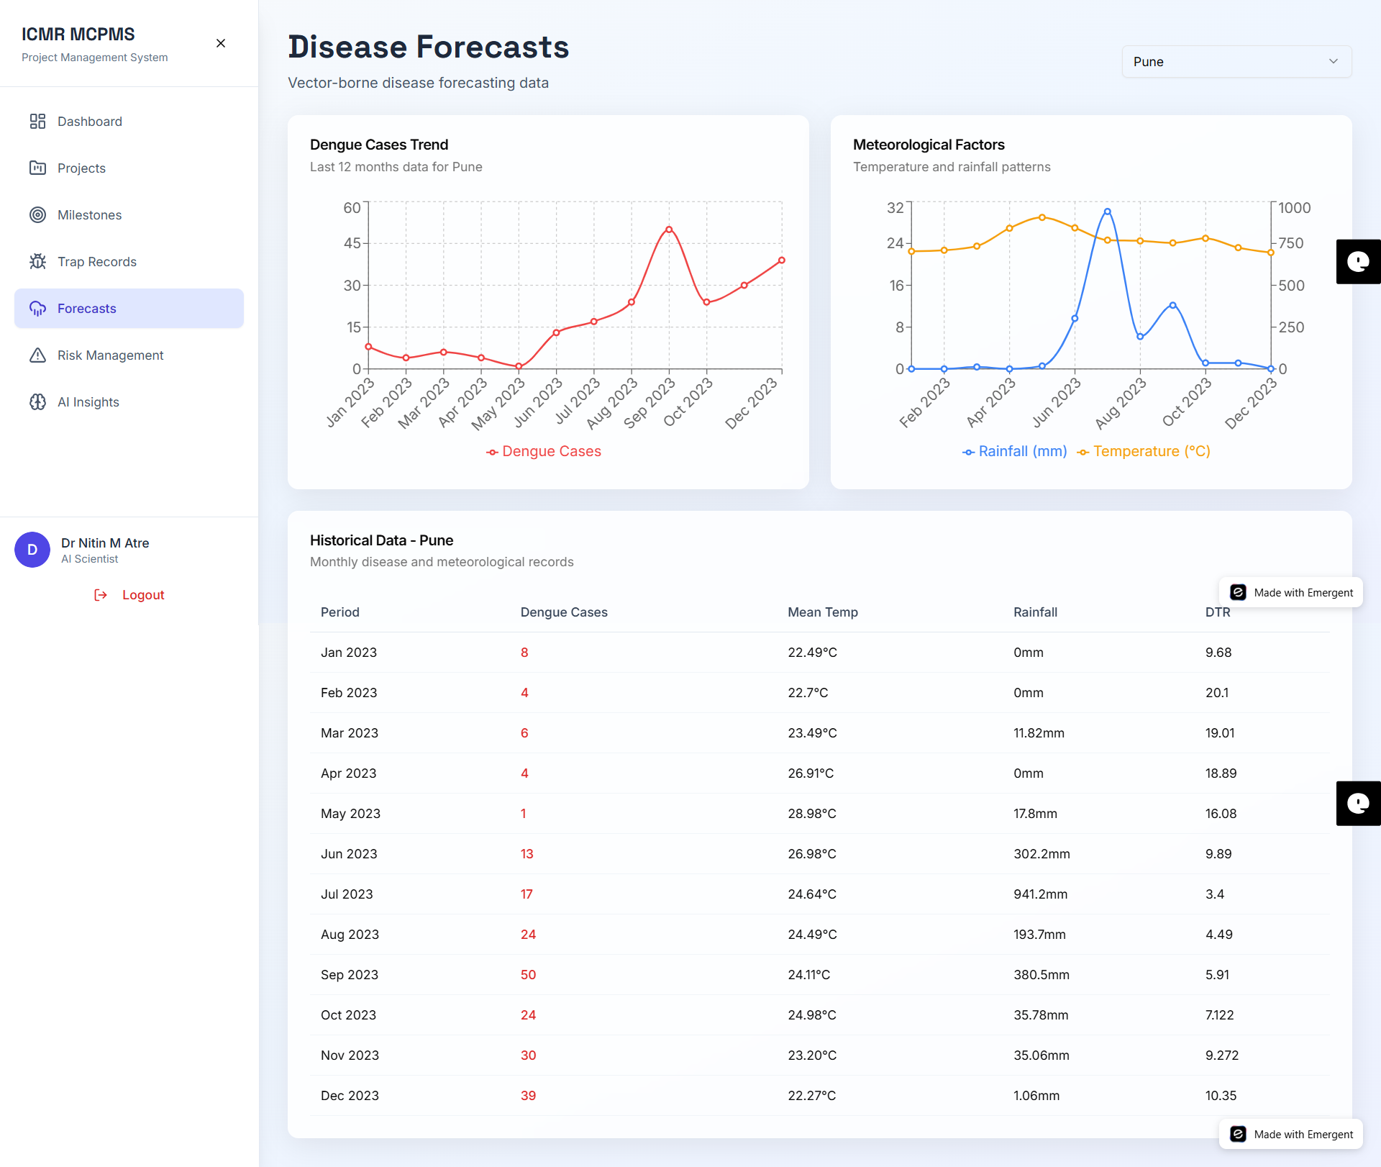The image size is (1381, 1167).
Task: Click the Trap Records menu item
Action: point(96,262)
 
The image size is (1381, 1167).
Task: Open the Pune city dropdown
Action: point(1236,62)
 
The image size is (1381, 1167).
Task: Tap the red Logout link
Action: point(142,595)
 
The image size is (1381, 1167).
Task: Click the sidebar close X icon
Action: point(221,43)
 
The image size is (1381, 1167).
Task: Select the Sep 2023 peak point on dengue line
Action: point(669,230)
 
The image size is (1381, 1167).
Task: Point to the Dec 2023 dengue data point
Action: point(781,260)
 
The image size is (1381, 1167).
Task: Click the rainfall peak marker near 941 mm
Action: point(1107,212)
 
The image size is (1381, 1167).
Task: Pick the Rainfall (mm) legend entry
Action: point(1015,451)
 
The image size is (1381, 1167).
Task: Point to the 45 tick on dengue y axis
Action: point(352,243)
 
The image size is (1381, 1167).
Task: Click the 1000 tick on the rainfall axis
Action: point(1294,208)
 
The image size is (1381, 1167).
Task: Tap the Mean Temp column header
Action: point(822,612)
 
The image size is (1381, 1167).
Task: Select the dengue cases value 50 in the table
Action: point(528,975)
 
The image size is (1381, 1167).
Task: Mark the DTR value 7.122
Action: point(1219,1015)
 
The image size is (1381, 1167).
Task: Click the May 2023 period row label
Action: point(350,814)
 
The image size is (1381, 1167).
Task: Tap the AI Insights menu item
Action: point(88,402)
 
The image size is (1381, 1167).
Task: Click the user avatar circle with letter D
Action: point(32,550)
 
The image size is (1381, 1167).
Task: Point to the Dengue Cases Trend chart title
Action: point(379,145)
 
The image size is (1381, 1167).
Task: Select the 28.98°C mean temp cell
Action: point(811,814)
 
